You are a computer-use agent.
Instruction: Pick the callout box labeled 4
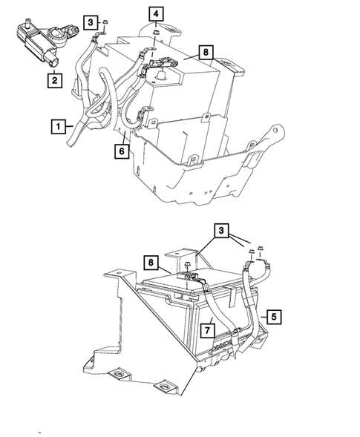coord(156,13)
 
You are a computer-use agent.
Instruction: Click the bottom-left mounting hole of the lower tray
coord(91,364)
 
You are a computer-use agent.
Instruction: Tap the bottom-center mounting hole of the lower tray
coord(163,388)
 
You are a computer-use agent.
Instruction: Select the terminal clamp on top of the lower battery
coord(192,278)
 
